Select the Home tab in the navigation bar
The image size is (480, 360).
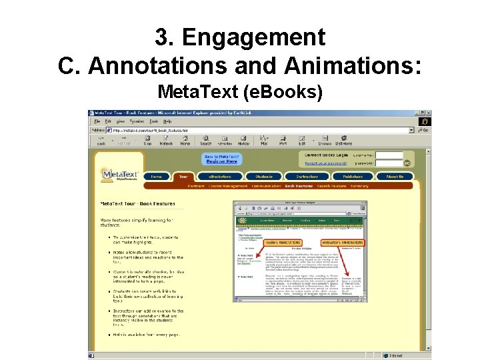click(x=156, y=177)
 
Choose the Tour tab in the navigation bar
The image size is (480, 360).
click(x=183, y=177)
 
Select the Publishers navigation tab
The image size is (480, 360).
click(x=353, y=177)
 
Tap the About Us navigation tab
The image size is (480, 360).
click(x=395, y=177)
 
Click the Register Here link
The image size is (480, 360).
click(x=222, y=161)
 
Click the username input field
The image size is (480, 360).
click(x=389, y=155)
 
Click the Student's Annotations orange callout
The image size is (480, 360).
click(x=283, y=243)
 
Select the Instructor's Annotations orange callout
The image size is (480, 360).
click(x=341, y=243)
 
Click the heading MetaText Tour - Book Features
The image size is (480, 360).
click(x=138, y=203)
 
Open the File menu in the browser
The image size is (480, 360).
click(x=97, y=121)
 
